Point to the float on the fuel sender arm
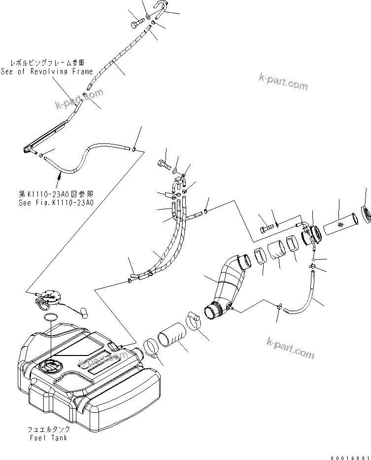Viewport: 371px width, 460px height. point(83,311)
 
